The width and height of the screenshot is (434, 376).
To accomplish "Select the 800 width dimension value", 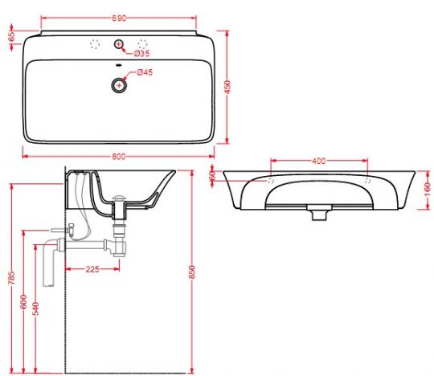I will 119,157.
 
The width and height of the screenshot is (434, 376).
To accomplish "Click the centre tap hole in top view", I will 119,43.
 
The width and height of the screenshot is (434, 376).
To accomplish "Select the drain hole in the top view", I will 119,83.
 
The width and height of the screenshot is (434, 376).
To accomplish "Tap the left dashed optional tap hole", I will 95,43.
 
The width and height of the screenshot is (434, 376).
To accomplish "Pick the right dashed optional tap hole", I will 144,43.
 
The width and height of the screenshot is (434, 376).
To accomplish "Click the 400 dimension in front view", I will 318,161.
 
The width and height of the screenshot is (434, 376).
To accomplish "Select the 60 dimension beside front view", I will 213,176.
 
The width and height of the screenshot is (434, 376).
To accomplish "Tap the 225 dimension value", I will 92,269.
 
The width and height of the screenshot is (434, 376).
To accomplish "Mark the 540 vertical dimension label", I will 36,308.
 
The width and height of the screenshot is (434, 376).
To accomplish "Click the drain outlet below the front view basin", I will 318,213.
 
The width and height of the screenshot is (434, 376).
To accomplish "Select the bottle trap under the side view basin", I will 121,237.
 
